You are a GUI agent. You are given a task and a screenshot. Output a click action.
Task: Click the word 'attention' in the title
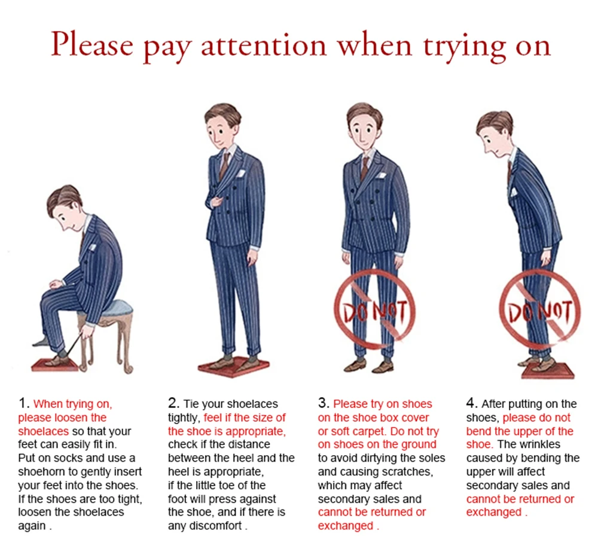pyautogui.click(x=264, y=46)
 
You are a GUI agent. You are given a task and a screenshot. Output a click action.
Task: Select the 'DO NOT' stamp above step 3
pyautogui.click(x=374, y=310)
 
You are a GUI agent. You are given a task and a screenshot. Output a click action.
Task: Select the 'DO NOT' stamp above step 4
pyautogui.click(x=540, y=311)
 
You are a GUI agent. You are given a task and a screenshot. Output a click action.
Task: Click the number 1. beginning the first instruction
pyautogui.click(x=24, y=403)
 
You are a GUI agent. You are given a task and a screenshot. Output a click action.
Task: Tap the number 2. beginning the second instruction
pyautogui.click(x=173, y=403)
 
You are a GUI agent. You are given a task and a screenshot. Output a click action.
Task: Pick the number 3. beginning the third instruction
pyautogui.click(x=324, y=403)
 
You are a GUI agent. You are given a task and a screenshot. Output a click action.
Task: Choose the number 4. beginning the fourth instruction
pyautogui.click(x=472, y=403)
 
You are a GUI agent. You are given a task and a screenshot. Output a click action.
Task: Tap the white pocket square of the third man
pyautogui.click(x=380, y=175)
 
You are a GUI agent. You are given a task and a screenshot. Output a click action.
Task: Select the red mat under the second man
pyautogui.click(x=234, y=367)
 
